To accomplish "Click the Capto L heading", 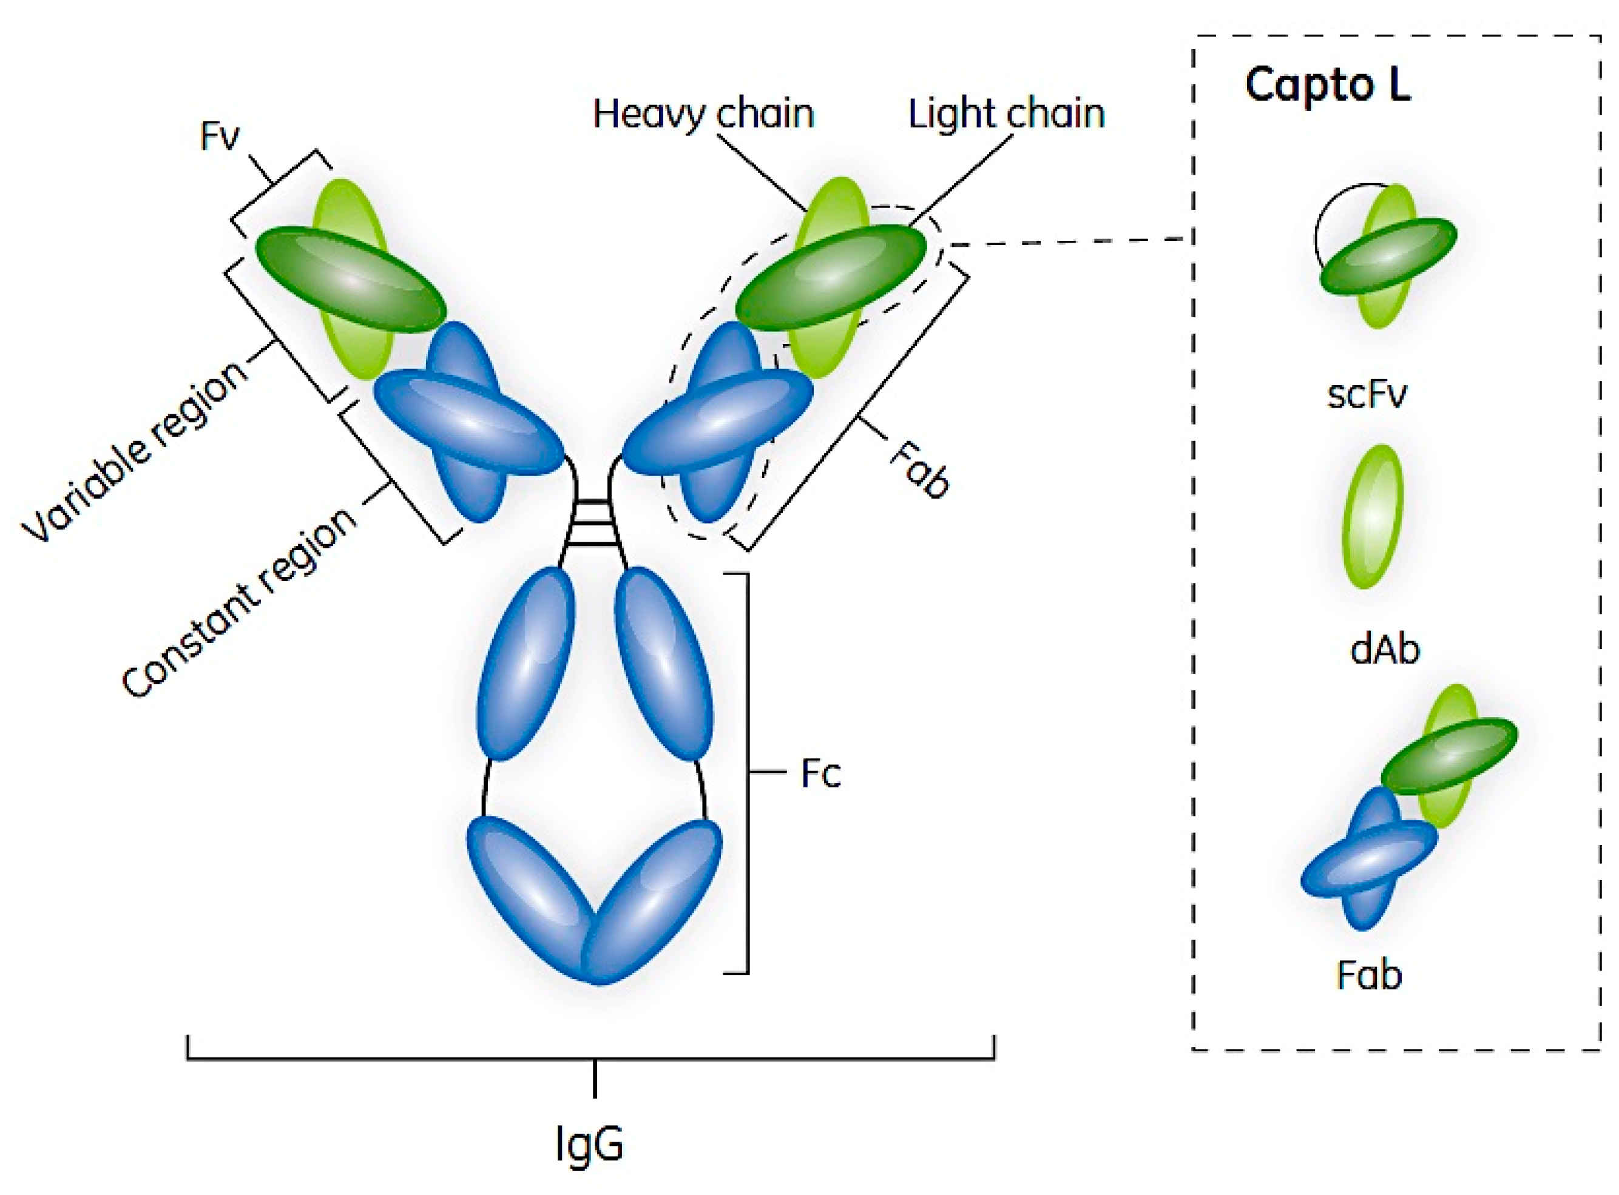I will coord(1328,86).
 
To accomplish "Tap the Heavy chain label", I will coord(703,114).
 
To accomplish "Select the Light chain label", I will coord(1006,114).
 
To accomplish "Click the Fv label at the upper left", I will coord(219,136).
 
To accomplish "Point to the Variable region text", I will coord(134,452).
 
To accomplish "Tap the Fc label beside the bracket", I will coord(820,774).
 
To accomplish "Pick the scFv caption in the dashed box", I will coord(1367,394).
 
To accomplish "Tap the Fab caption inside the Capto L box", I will coord(1369,975).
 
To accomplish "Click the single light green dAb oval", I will coord(1372,516).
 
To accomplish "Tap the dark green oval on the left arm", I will coord(350,278).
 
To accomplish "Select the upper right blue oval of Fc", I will coord(664,662).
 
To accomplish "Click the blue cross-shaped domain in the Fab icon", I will coord(1367,861).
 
